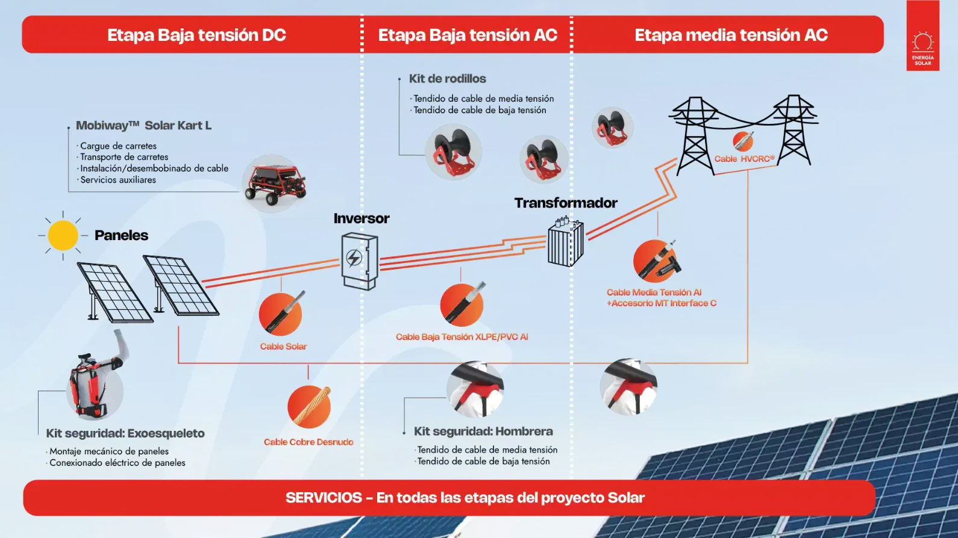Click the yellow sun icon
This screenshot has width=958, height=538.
(x=63, y=235)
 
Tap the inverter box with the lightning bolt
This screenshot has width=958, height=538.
(x=359, y=261)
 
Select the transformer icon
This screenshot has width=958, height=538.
(x=565, y=243)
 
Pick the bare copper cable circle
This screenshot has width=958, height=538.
(x=309, y=406)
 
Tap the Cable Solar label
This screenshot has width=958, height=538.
(x=283, y=347)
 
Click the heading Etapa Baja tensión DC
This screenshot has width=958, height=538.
(x=196, y=35)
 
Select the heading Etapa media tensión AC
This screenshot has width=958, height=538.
(x=731, y=35)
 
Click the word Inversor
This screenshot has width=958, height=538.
(x=362, y=218)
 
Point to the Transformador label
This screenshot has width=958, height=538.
(x=566, y=203)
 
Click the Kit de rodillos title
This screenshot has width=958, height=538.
(x=447, y=79)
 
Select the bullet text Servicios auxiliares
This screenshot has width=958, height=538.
(x=118, y=180)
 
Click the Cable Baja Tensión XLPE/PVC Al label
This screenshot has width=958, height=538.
(x=462, y=337)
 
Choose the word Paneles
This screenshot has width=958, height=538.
(x=121, y=235)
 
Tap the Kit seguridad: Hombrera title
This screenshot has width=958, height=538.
(x=483, y=431)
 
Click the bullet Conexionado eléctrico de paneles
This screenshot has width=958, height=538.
(x=117, y=463)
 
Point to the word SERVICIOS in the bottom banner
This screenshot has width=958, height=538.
(x=324, y=498)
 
